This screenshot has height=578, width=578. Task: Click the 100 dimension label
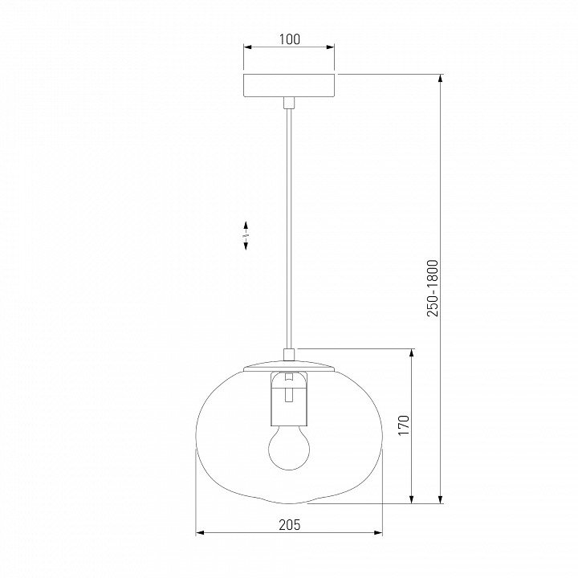point(290,39)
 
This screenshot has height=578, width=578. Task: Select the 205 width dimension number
point(290,524)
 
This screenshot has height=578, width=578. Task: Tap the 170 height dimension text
point(404,425)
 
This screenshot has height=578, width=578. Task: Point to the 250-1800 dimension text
point(433,288)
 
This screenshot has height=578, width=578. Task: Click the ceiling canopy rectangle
point(289,86)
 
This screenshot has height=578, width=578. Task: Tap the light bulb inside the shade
point(289,447)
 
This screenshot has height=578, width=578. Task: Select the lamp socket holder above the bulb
point(289,399)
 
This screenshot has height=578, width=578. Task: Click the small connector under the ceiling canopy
point(289,103)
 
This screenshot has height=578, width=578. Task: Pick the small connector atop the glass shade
point(289,355)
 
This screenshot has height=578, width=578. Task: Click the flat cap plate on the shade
point(289,366)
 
